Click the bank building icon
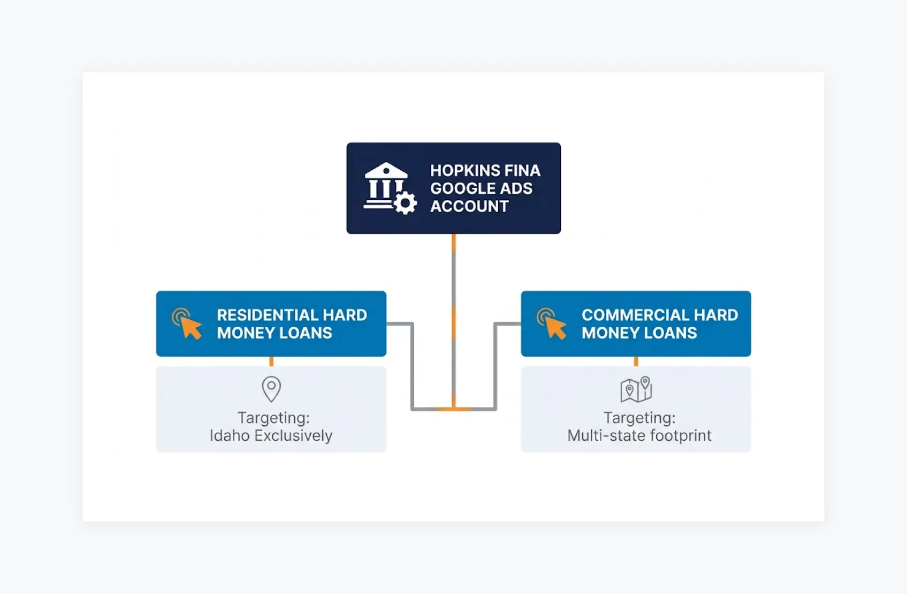[384, 185]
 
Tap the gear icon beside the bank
[406, 203]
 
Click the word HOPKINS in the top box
[463, 171]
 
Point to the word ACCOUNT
[469, 206]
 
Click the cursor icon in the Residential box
[187, 324]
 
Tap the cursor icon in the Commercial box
[552, 324]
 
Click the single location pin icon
[271, 389]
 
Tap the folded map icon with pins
[636, 389]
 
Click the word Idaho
[230, 436]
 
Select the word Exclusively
[293, 436]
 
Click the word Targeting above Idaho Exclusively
[273, 418]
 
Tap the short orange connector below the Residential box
[271, 362]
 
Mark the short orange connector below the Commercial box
[636, 362]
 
